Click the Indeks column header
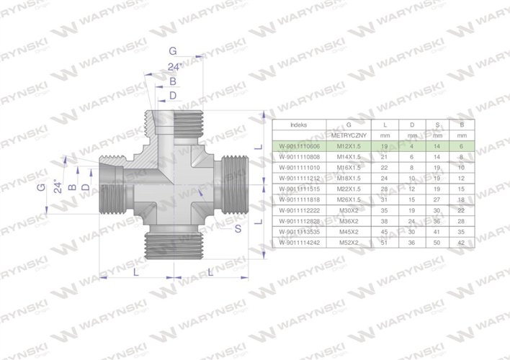[298, 125]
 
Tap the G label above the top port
[172, 51]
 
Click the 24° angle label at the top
[173, 67]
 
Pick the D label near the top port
[172, 95]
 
